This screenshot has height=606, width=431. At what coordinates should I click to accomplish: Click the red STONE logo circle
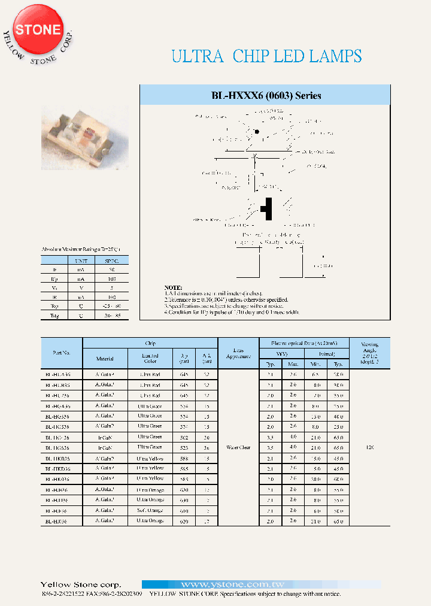coord(38,30)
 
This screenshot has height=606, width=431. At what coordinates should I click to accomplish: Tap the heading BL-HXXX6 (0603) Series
coord(266,96)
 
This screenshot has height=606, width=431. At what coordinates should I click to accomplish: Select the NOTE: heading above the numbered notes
coord(173,288)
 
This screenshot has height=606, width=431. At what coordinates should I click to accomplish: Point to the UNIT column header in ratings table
coord(80,260)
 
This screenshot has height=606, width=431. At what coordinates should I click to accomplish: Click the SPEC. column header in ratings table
coord(112,260)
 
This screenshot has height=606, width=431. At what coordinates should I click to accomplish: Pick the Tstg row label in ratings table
coord(53,315)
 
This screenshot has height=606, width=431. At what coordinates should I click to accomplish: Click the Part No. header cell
coord(62,353)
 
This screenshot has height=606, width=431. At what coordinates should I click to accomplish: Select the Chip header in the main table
coord(150,343)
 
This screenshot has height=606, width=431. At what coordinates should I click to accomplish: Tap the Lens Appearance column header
coord(238,353)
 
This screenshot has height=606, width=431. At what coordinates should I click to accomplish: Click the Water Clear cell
coord(238,447)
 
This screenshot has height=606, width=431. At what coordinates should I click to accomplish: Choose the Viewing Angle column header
coord(370,352)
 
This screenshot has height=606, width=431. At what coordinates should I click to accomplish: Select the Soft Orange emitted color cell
coord(150,511)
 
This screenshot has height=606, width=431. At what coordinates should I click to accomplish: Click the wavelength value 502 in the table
coord(184,438)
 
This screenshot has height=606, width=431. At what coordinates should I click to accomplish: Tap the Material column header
coord(105,359)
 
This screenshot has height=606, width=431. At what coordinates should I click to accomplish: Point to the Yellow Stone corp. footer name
coord(80,584)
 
